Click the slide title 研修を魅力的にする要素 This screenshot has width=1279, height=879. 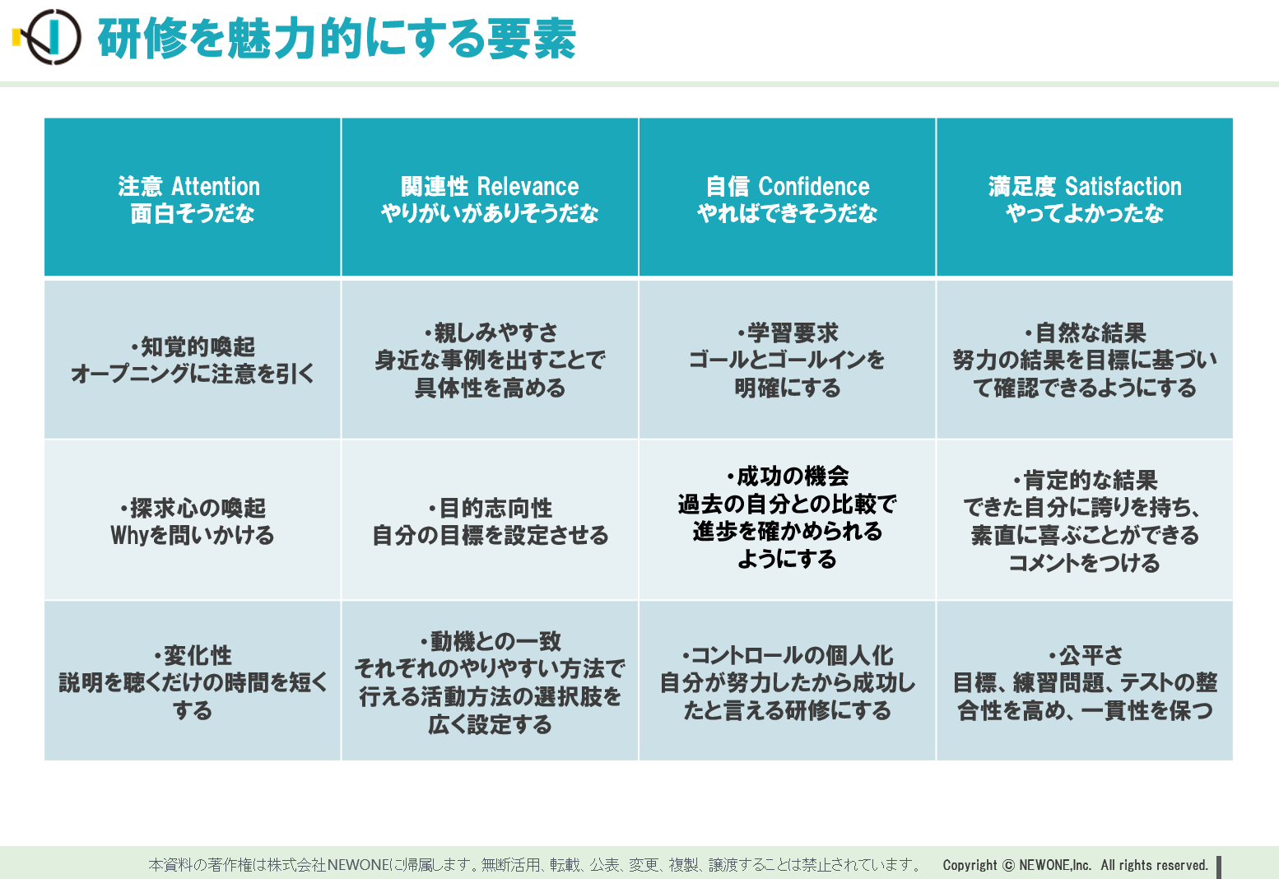(337, 38)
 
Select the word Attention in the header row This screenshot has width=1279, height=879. (216, 186)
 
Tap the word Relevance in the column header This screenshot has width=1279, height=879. (528, 186)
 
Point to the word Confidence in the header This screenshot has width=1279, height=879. (814, 186)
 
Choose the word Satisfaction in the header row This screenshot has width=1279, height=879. (1123, 186)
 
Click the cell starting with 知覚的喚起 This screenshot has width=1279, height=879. (193, 360)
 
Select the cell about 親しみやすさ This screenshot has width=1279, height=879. (490, 360)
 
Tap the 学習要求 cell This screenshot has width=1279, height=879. (788, 360)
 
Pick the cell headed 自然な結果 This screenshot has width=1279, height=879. (1085, 360)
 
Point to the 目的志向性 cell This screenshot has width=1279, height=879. (490, 520)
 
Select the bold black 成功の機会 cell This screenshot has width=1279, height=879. (788, 520)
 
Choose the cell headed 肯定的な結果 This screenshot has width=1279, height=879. (1085, 520)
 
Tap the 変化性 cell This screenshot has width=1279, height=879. (193, 681)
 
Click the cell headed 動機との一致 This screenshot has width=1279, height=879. (490, 681)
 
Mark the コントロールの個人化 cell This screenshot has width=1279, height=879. (788, 681)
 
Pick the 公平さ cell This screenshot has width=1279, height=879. (1085, 681)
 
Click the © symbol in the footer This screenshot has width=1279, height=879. (1008, 865)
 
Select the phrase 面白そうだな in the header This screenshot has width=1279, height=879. (193, 214)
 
